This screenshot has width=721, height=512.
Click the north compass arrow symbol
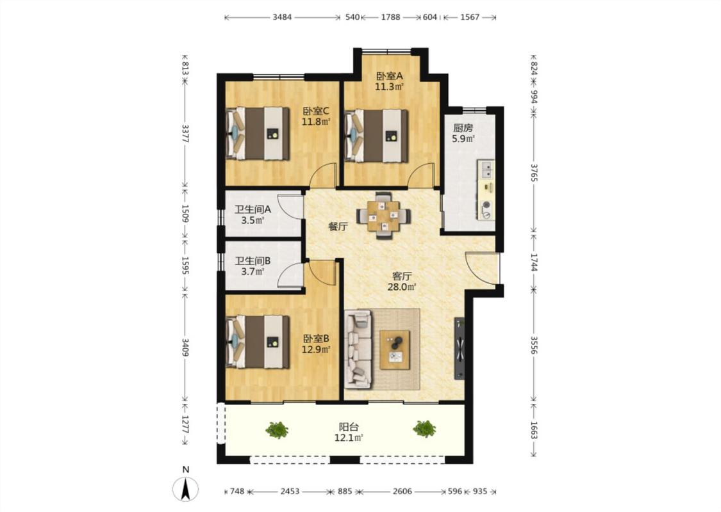(186, 488)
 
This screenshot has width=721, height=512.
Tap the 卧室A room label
(390, 76)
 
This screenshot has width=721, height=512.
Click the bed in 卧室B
(258, 342)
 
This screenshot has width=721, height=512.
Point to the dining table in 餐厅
(384, 215)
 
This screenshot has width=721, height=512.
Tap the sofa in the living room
(358, 349)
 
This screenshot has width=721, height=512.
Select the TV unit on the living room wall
(460, 349)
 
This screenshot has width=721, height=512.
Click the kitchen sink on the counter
(486, 169)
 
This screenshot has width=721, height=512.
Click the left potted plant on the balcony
(278, 430)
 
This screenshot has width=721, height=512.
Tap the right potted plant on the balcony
(424, 429)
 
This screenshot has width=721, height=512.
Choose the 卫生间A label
(253, 210)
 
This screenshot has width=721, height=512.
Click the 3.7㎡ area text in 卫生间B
(253, 272)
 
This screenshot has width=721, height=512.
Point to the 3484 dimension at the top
(282, 17)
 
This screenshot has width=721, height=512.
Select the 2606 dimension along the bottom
(402, 492)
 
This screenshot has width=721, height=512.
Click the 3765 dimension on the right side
(535, 172)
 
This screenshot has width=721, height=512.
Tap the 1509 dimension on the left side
(185, 213)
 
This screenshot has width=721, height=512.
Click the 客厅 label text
(402, 276)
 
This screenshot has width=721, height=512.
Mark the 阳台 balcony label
(349, 427)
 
